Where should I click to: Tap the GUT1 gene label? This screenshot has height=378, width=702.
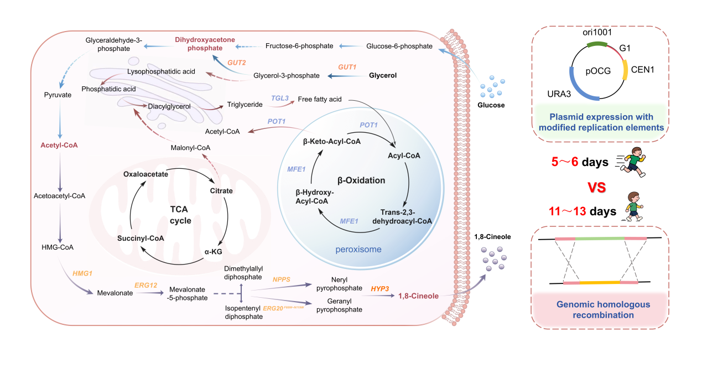click(348, 66)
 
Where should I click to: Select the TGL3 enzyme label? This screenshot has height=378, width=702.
click(280, 98)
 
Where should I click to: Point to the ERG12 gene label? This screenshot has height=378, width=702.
click(146, 285)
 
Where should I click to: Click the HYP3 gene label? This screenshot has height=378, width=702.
click(381, 288)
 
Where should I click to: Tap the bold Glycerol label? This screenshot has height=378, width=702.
click(383, 75)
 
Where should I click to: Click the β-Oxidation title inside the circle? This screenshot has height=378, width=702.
click(361, 180)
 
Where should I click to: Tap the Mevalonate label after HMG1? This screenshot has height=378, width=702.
click(115, 293)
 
